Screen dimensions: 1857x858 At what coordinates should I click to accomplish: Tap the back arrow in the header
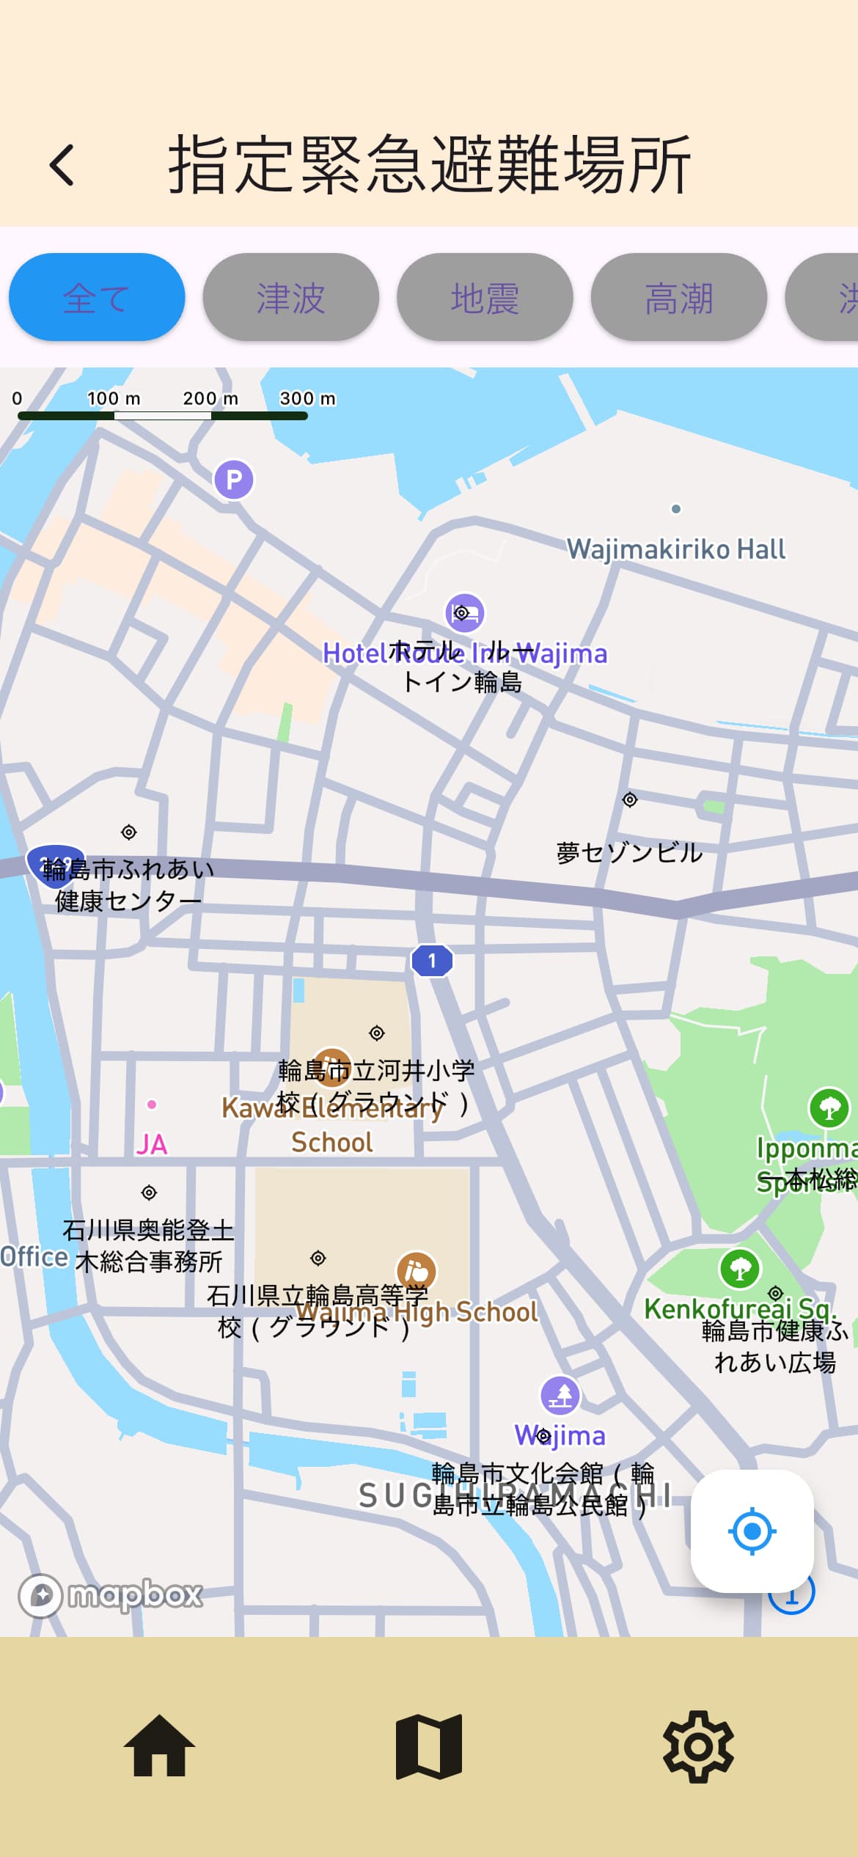[x=62, y=164]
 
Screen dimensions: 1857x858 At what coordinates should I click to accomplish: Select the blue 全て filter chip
[x=97, y=298]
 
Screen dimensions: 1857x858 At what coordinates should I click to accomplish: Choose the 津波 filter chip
[x=290, y=298]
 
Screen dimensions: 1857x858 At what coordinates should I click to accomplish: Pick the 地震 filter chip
[x=485, y=298]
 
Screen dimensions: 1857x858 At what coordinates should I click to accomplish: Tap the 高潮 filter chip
[x=679, y=298]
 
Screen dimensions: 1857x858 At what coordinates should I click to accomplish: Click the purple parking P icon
[x=233, y=480]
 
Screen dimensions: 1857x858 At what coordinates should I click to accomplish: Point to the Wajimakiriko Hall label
[x=675, y=549]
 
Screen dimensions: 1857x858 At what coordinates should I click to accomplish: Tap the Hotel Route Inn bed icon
[x=465, y=612]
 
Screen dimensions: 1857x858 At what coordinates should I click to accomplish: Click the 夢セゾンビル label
[x=629, y=852]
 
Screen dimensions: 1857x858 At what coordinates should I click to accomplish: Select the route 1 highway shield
[x=432, y=960]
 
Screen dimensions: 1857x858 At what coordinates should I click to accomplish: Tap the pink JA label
[x=151, y=1144]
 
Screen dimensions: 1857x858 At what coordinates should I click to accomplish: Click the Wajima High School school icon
[x=417, y=1272]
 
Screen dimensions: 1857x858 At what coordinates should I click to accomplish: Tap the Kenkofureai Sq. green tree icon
[x=740, y=1268]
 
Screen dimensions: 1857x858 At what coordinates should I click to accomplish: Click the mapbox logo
[x=110, y=1595]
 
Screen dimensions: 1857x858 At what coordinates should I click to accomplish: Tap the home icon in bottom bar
[x=159, y=1746]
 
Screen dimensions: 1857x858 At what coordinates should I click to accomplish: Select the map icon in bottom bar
[x=429, y=1746]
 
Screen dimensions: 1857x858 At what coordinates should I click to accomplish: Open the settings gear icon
[x=698, y=1746]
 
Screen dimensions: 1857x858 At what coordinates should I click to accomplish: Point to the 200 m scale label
[x=210, y=398]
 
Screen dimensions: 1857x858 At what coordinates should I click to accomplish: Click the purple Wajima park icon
[x=560, y=1395]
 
